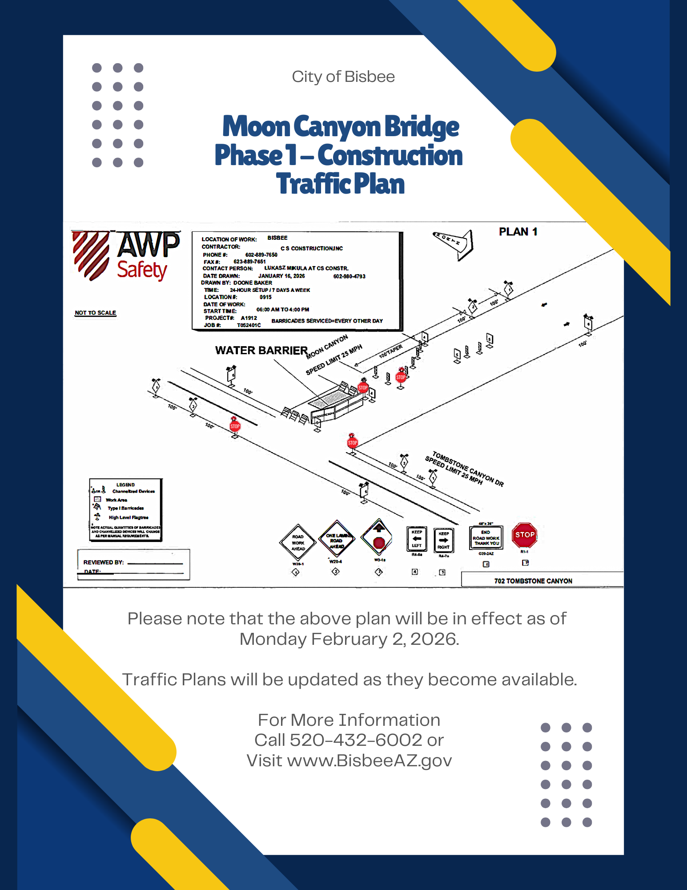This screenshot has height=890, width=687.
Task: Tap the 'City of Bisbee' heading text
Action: [x=343, y=77]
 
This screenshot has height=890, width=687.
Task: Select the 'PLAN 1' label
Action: [x=518, y=232]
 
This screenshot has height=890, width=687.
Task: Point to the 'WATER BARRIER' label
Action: [x=261, y=351]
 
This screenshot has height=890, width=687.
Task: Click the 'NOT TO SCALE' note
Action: [x=95, y=313]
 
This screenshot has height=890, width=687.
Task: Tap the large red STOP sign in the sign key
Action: [x=525, y=535]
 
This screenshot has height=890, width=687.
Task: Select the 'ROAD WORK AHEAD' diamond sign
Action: [x=298, y=542]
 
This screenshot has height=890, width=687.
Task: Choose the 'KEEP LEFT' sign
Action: [x=417, y=539]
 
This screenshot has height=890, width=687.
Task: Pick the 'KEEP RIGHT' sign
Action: [x=443, y=540]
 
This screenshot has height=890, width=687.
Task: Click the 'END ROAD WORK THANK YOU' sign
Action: [x=486, y=538]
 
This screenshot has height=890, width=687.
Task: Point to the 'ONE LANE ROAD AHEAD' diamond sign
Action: [x=337, y=540]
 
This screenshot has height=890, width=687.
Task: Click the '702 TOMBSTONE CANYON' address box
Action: [x=533, y=581]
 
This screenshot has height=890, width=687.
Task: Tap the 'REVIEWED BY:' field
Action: [x=104, y=562]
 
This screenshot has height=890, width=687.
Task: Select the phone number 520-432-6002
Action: [x=356, y=740]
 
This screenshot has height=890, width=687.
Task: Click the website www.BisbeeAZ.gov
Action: [x=370, y=761]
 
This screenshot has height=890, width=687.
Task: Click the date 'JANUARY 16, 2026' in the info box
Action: [x=281, y=276]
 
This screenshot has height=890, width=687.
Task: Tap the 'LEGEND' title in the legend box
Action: [x=125, y=485]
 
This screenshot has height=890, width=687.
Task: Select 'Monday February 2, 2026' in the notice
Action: [x=349, y=639]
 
